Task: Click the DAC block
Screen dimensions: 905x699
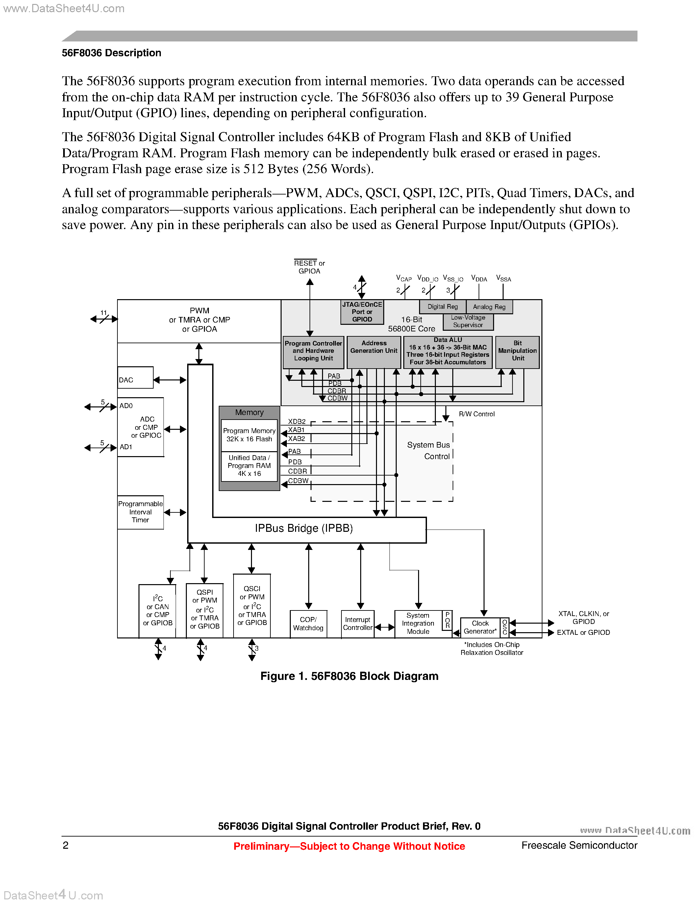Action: point(135,377)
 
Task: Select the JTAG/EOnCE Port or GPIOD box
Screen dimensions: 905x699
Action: point(362,312)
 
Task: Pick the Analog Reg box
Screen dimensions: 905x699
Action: point(489,307)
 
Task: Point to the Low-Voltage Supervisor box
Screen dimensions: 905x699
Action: point(468,322)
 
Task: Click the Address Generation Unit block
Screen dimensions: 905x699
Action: point(374,352)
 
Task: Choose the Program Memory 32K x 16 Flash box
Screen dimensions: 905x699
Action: point(249,435)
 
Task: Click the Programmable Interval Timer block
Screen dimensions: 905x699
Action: point(140,512)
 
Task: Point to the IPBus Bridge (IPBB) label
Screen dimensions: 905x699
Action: point(304,528)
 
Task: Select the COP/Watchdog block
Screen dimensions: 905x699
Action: point(308,624)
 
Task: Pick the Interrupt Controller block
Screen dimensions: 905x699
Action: point(357,624)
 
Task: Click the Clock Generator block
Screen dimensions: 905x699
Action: point(480,627)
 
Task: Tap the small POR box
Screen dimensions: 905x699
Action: point(447,620)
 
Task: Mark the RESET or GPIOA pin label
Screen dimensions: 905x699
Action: point(309,267)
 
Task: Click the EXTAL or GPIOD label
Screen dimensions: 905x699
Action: point(583,633)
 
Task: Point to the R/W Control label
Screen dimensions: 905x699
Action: point(477,414)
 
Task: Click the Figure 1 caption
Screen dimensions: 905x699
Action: point(349,676)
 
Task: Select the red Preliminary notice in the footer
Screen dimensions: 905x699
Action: point(349,846)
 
